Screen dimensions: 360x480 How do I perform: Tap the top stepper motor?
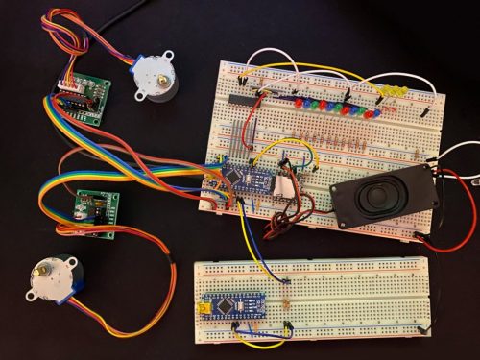point(155,78)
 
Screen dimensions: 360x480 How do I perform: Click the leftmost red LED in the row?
point(299,102)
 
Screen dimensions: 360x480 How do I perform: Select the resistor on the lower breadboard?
point(289,293)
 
